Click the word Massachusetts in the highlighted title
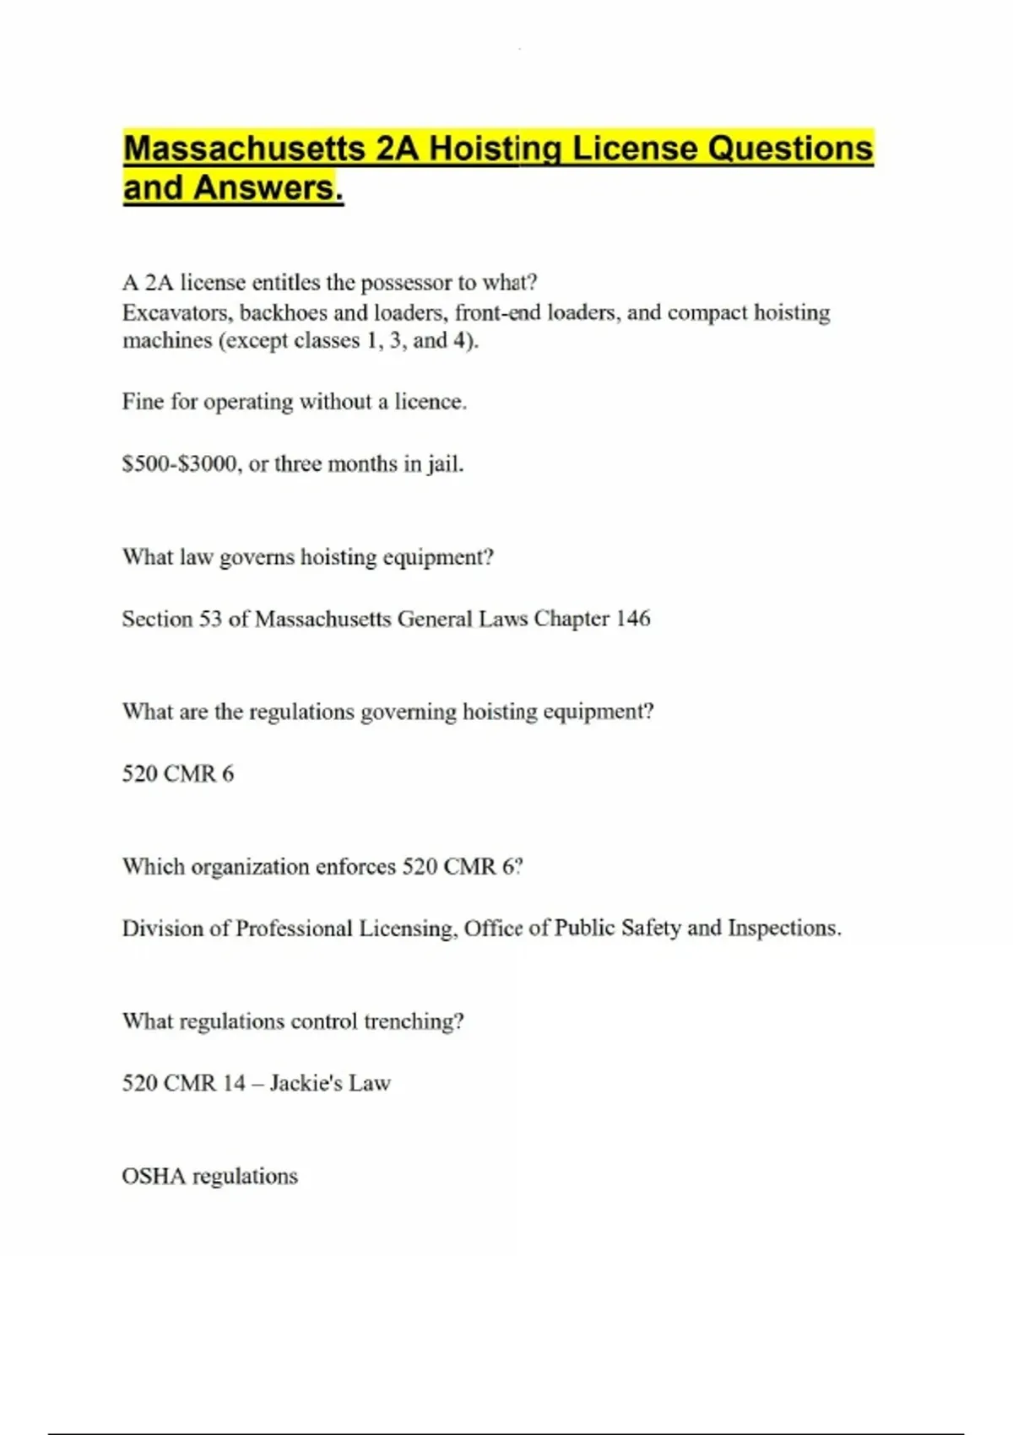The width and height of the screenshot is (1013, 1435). coord(244,149)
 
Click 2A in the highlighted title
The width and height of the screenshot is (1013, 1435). coord(397,149)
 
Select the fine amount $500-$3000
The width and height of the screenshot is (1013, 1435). coord(179,464)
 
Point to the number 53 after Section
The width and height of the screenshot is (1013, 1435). coord(210,619)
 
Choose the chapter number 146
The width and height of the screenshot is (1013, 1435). coord(632,619)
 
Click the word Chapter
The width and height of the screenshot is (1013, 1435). coord(572,619)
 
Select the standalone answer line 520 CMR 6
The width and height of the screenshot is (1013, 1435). coord(178,774)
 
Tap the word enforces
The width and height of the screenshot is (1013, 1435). coord(355,867)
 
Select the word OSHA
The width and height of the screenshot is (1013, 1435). coord(154,1177)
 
